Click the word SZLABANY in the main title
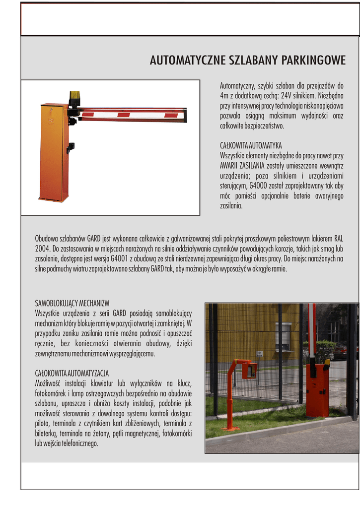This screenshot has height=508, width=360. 253,61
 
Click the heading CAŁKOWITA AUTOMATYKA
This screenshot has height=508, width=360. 251,145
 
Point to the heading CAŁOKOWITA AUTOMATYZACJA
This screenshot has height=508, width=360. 72,373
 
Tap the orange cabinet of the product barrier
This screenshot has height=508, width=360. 53,151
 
